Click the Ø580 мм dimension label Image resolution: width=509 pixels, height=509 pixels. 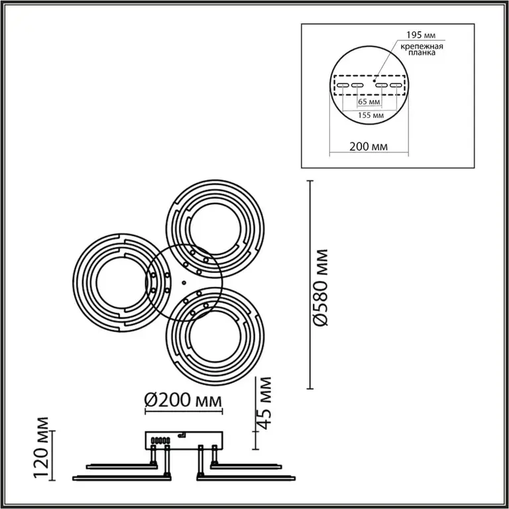pyautogui.click(x=321, y=287)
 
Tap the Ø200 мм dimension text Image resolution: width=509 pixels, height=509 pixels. pyautogui.click(x=184, y=400)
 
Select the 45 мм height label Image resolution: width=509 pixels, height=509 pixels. pyautogui.click(x=263, y=403)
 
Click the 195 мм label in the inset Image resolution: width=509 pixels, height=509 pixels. pyautogui.click(x=421, y=35)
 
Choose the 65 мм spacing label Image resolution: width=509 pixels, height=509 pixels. pyautogui.click(x=368, y=102)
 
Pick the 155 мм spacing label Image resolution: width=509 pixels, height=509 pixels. pyautogui.click(x=370, y=115)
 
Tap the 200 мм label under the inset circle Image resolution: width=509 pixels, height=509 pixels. pyautogui.click(x=368, y=146)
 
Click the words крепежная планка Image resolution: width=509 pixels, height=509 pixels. pyautogui.click(x=422, y=49)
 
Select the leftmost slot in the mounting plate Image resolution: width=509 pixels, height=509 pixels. pyautogui.click(x=343, y=85)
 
